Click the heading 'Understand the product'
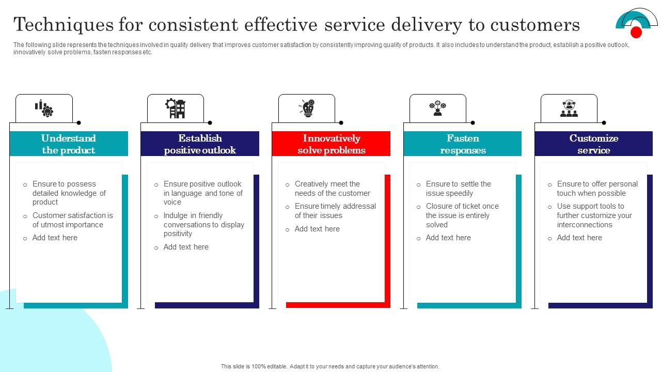coord(69,144)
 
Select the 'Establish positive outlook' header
coord(200,144)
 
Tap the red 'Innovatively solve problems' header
coord(331,144)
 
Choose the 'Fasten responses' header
coord(462,144)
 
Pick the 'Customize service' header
coord(593,144)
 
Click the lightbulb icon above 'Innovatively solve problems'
coord(307,109)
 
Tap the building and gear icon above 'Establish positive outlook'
coord(176,109)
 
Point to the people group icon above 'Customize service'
coord(569,109)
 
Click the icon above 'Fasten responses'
coord(437,109)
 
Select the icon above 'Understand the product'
coord(44,109)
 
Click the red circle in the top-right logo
coord(636,33)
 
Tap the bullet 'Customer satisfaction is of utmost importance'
coord(72,220)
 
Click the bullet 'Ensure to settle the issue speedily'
coord(458,189)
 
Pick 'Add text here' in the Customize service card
coord(579,238)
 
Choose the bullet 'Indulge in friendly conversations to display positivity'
coord(203,225)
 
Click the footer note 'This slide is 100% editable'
coord(330,366)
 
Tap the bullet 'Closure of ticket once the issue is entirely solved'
coord(462,215)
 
